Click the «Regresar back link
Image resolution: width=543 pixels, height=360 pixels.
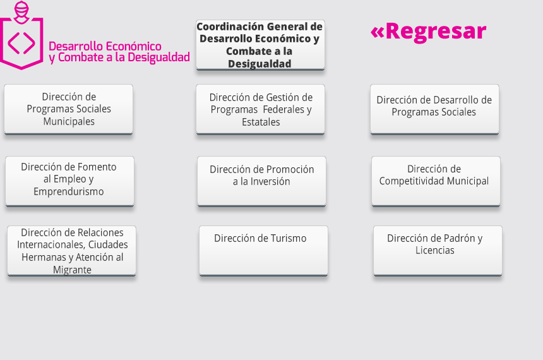[428, 32]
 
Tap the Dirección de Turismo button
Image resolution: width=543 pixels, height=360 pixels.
[263, 251]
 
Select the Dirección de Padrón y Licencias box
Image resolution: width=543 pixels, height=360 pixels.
[438, 251]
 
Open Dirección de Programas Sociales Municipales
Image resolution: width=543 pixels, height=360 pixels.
[69, 109]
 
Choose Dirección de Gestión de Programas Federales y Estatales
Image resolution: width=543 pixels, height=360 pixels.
[260, 109]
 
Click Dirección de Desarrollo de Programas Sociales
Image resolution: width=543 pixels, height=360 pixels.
[434, 109]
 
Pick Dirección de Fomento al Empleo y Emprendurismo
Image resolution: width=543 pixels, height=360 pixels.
[69, 181]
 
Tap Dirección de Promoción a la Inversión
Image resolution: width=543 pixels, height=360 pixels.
[261, 181]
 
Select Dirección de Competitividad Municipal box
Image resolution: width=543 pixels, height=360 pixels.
[436, 181]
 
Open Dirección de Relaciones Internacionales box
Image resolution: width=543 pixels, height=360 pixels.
[72, 251]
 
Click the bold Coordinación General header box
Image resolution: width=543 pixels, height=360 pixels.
[260, 45]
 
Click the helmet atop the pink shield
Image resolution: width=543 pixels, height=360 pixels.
[21, 12]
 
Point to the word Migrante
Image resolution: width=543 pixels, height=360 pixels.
[72, 270]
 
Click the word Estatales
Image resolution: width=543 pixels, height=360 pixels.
[261, 122]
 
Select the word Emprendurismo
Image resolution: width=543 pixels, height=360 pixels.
[69, 191]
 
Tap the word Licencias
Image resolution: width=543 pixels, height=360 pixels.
[435, 250]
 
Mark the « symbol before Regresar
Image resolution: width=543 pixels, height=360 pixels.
[378, 32]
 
